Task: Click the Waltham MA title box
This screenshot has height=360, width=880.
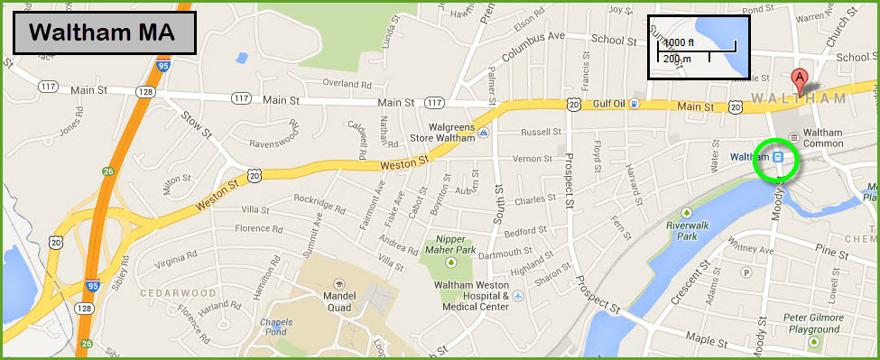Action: pyautogui.click(x=105, y=33)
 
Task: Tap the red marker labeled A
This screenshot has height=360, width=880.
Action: pyautogui.click(x=799, y=78)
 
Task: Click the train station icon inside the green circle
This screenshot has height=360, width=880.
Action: pyautogui.click(x=777, y=157)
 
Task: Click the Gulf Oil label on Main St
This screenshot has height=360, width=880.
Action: pyautogui.click(x=610, y=105)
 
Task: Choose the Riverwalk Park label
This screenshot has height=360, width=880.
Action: pyautogui.click(x=682, y=230)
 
